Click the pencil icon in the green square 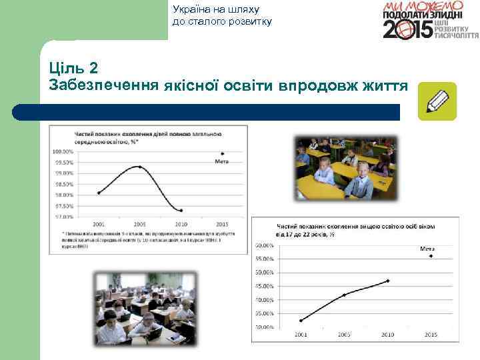[437, 101]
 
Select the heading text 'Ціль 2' [73, 68]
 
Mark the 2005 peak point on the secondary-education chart [138, 166]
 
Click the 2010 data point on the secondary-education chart [181, 210]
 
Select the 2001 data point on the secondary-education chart [98, 193]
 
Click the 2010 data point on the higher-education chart [388, 281]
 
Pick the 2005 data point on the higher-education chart [344, 295]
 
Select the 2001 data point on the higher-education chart [301, 321]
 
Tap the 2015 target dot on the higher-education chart [431, 256]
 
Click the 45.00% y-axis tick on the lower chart [265, 286]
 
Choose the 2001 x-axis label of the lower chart [300, 334]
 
